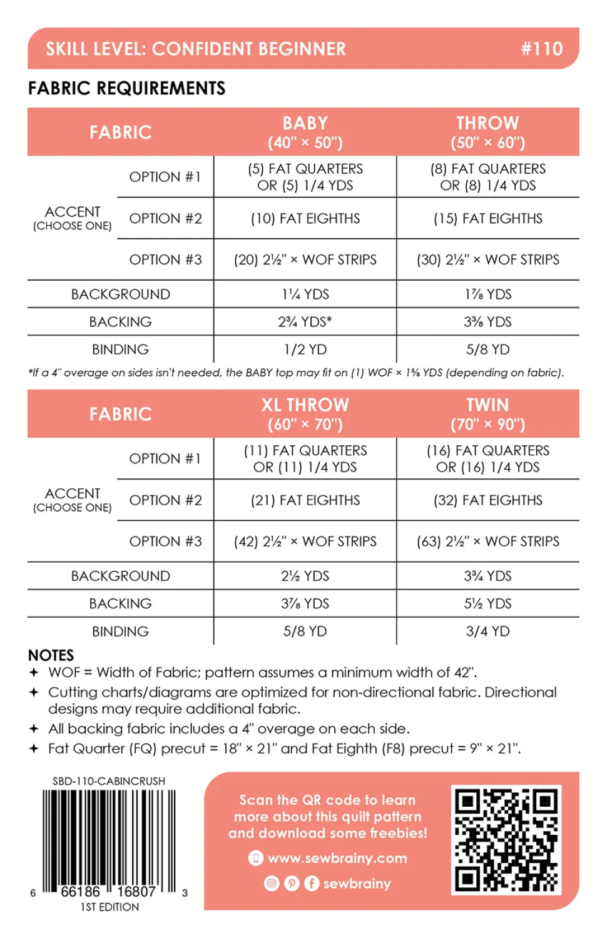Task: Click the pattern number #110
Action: [541, 49]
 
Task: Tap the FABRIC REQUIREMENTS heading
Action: [126, 88]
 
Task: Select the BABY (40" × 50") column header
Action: [305, 132]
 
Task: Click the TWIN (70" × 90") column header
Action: [487, 414]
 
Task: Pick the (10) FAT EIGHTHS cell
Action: [305, 218]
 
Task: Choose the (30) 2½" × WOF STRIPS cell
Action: [487, 260]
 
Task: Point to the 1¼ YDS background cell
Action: [305, 294]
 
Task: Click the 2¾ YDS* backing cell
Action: [305, 321]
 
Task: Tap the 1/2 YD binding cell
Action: [305, 349]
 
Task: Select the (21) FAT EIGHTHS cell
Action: [305, 500]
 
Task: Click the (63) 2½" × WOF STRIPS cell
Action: [487, 542]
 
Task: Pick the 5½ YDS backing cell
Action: [487, 603]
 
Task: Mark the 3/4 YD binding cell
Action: [487, 631]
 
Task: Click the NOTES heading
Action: [51, 655]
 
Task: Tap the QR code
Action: [506, 840]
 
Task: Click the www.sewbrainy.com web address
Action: [337, 858]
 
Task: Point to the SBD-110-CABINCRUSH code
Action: [109, 781]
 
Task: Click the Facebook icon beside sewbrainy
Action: [312, 883]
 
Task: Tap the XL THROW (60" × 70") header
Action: [305, 414]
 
